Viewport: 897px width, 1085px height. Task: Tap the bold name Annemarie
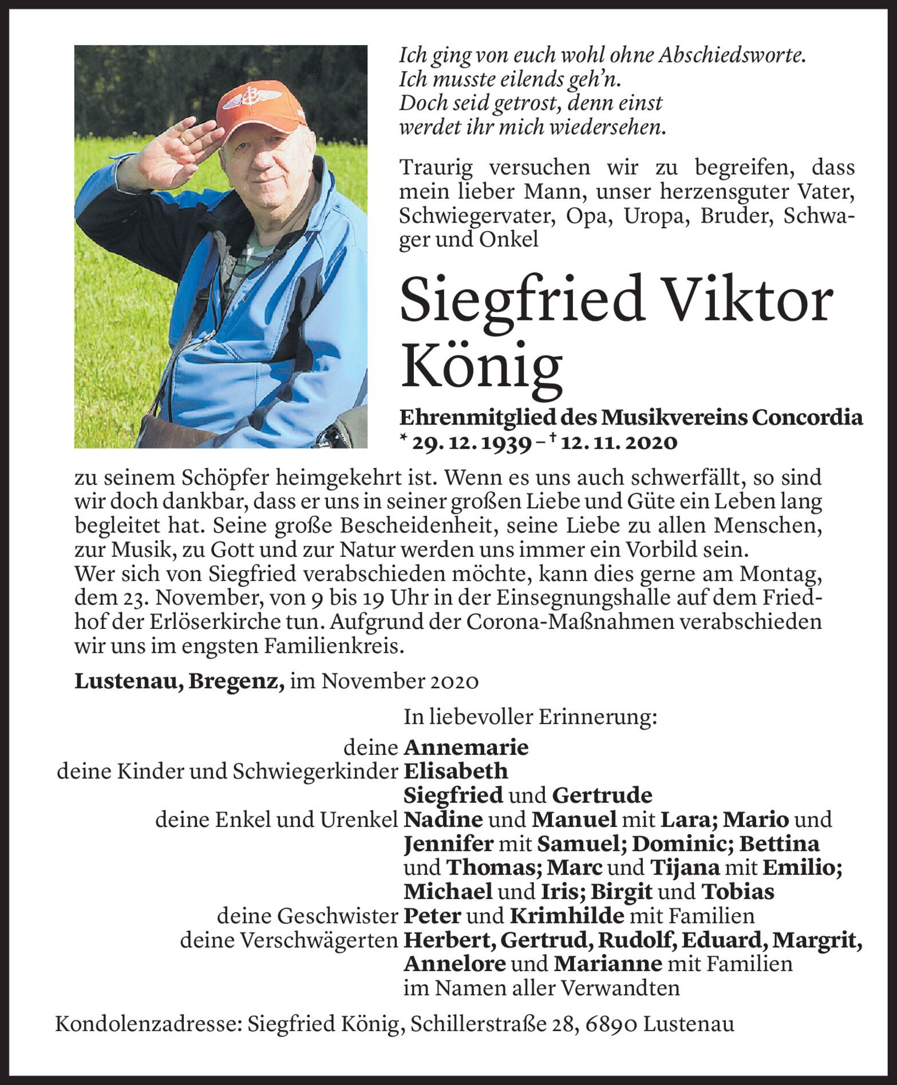click(466, 747)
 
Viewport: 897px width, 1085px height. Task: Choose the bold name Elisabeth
click(456, 771)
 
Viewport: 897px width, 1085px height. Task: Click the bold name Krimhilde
click(567, 916)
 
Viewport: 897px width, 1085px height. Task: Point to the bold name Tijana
click(685, 868)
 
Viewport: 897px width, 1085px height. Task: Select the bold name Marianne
click(607, 964)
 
